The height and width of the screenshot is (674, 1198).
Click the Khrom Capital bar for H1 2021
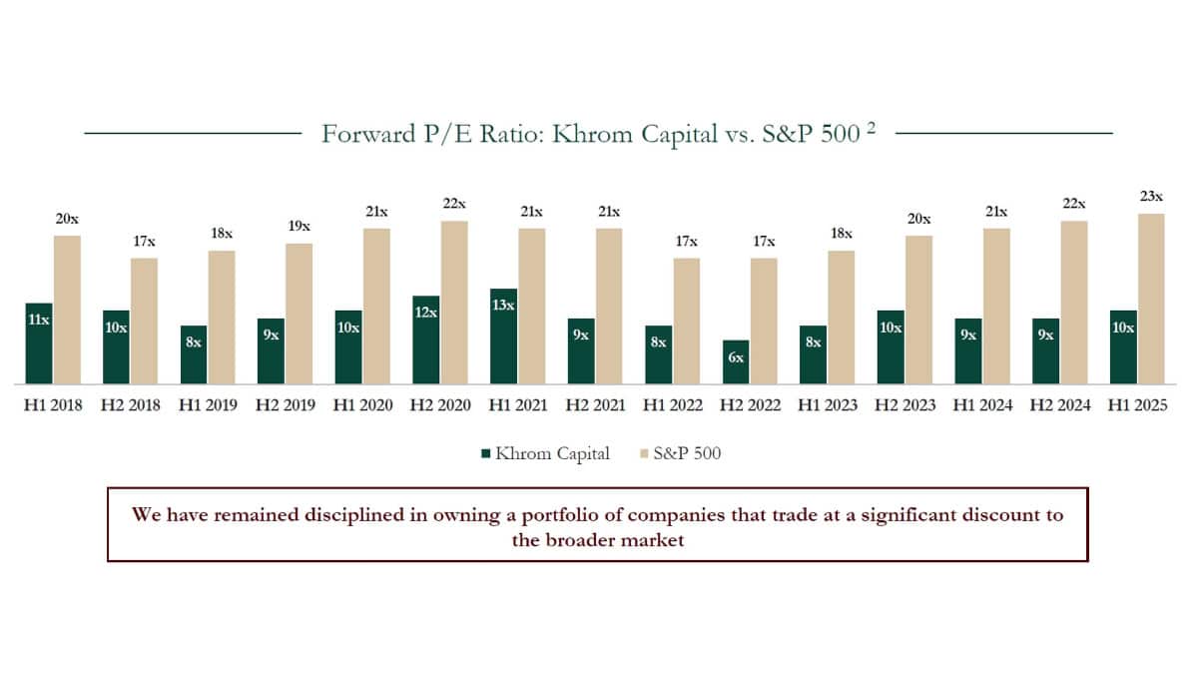point(503,337)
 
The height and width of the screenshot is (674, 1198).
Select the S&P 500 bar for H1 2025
point(1151,299)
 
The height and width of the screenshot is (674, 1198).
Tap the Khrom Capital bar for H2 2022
point(736,362)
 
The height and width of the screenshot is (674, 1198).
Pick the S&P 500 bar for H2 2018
point(144,321)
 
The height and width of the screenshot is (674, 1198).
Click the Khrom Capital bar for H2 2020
point(425,340)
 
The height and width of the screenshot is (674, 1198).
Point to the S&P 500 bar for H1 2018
point(67,310)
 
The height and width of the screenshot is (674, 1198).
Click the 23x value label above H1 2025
point(1151,197)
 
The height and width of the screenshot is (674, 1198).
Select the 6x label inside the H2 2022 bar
point(736,357)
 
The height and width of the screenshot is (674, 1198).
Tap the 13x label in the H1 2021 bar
point(503,305)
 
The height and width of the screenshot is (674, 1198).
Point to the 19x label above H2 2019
point(299,227)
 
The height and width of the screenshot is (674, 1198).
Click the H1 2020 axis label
point(363,405)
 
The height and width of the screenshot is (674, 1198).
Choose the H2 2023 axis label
point(906,405)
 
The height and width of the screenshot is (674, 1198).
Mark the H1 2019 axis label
point(208,405)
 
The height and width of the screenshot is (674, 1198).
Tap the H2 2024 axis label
point(1062,405)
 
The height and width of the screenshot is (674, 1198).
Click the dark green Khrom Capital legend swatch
point(486,453)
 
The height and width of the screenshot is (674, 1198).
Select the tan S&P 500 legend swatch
point(643,453)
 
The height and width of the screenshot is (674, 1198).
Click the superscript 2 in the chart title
point(871,129)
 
